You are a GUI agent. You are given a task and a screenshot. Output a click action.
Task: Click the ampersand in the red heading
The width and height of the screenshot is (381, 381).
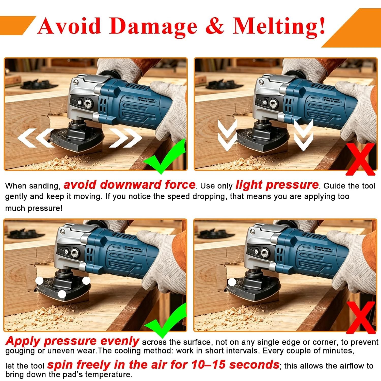215,26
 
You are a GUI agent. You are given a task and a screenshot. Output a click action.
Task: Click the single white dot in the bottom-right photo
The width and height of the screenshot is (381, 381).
232,282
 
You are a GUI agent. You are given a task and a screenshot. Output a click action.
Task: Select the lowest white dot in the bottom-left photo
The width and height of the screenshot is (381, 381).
62,294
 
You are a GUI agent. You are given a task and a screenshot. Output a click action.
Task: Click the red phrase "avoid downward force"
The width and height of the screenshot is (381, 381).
130,185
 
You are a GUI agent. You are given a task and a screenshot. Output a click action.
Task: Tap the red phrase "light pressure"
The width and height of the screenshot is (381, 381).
277,185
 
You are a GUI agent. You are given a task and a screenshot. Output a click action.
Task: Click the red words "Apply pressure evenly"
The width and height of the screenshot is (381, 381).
72,341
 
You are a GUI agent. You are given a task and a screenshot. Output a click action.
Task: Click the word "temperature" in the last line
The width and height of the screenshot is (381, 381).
108,374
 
